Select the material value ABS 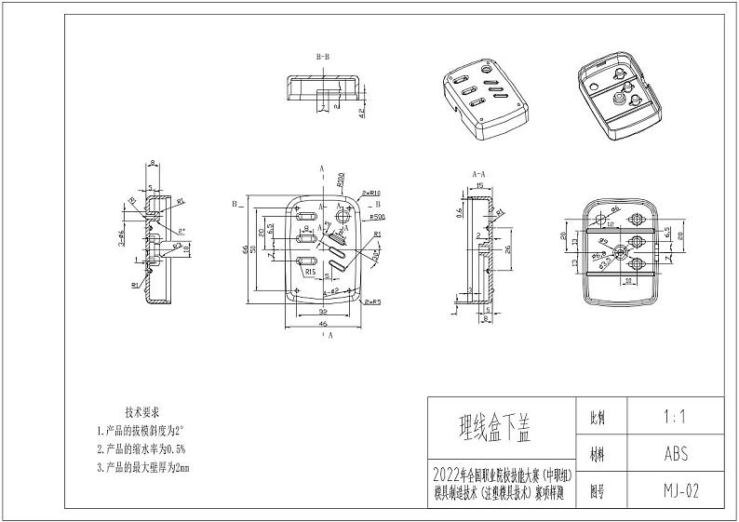click(676, 455)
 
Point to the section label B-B click(323, 58)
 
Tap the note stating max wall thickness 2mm click(146, 467)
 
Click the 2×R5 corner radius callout click(372, 301)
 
